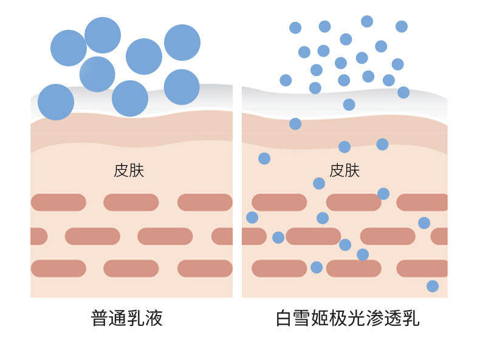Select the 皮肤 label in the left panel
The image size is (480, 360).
coord(129,170)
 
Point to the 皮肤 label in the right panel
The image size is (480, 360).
coord(345,170)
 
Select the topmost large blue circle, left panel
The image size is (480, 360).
coord(103,35)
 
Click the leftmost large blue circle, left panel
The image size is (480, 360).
coord(56,102)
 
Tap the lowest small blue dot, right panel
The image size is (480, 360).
coord(433,286)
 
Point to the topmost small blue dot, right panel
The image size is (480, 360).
coord(367,21)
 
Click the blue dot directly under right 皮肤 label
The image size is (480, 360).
coord(319,183)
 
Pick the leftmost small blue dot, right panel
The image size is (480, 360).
coord(252,217)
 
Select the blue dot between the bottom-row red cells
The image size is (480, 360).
coord(317,267)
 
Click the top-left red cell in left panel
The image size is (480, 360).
coord(58,202)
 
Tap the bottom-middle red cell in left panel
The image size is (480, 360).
coord(131,268)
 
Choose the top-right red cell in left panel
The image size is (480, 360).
coord(204,202)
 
